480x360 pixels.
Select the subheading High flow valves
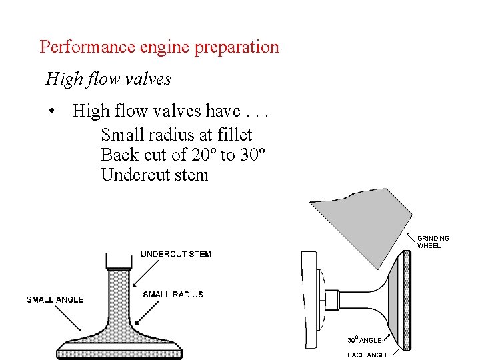(109, 79)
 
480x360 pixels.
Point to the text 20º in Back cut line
(203, 155)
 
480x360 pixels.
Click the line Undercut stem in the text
(154, 175)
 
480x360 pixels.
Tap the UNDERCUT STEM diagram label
(175, 253)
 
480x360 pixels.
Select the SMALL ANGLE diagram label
(55, 299)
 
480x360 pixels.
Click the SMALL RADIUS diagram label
(173, 294)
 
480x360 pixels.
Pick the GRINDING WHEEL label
(433, 241)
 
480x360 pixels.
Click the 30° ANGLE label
(365, 340)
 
